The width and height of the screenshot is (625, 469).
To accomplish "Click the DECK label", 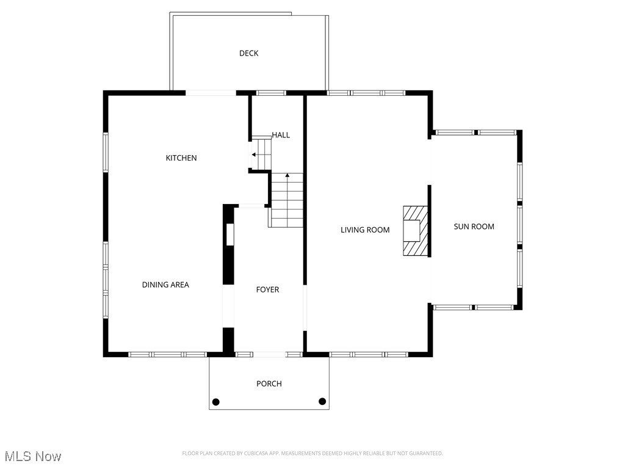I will [248, 53].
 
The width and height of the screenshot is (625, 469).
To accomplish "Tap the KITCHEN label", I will [181, 158].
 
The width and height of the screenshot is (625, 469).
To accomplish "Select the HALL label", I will [281, 135].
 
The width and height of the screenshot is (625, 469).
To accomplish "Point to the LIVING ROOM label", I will [365, 230].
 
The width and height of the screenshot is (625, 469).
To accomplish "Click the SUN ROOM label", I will [474, 227].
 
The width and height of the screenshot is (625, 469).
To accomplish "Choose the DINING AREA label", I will [165, 285].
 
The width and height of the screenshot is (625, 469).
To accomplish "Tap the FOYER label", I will [267, 289].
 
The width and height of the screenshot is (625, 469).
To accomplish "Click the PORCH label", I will [269, 384].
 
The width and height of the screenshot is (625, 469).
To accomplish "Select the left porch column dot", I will [215, 401].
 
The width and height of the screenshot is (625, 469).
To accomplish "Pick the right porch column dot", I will [322, 401].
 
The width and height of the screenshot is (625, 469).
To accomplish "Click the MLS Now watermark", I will [33, 456].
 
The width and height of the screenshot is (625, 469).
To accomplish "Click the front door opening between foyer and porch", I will [269, 354].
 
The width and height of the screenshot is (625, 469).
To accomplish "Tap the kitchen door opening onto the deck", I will [211, 93].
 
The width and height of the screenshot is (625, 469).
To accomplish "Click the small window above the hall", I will [270, 93].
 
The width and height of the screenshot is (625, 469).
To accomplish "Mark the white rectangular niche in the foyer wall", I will [229, 235].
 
